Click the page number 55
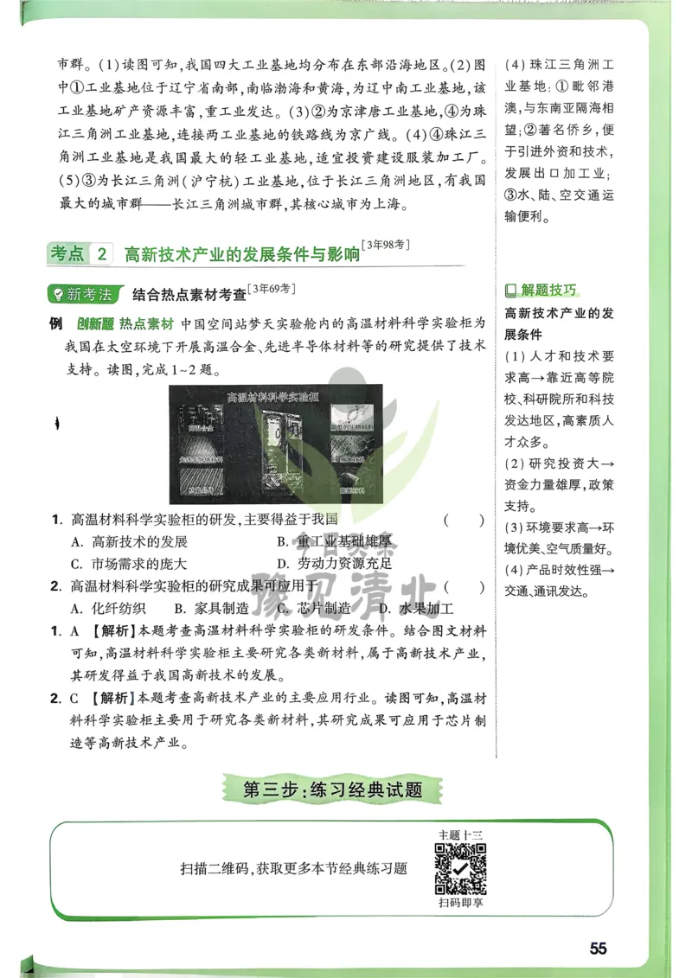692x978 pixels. tap(598, 948)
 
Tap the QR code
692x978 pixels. tap(460, 869)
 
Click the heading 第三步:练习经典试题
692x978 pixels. tap(332, 789)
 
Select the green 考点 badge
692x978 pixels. tap(67, 254)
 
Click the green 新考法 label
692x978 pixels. tap(83, 294)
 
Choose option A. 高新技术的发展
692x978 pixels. tap(130, 542)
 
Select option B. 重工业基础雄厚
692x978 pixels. tap(334, 542)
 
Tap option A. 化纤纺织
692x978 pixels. tap(109, 607)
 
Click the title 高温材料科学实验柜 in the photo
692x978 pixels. tap(272, 397)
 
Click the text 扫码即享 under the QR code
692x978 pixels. tap(460, 904)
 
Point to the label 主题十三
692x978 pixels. tap(460, 834)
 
